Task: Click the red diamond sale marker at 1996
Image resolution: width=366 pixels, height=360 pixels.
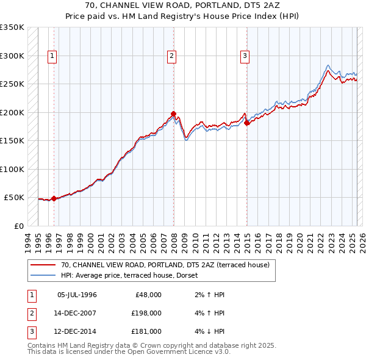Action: point(54,198)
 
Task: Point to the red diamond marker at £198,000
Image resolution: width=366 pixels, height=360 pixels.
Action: point(174,113)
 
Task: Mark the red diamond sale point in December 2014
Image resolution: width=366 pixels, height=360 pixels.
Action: point(247,123)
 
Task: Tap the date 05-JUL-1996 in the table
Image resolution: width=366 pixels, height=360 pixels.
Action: point(77,295)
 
